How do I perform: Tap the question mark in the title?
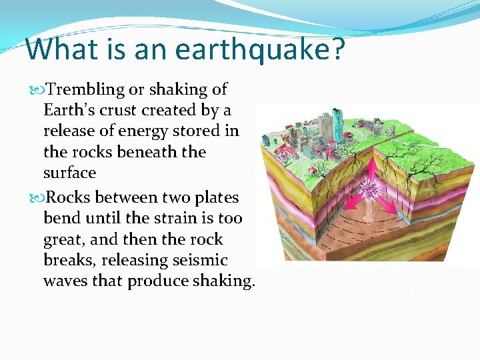click(339, 49)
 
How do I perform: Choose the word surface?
click(69, 173)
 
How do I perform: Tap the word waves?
click(65, 281)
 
